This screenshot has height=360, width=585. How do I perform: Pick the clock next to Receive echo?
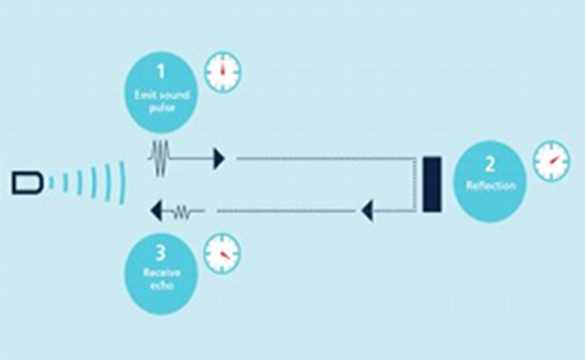(x=223, y=254)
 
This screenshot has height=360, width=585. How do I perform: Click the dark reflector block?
(x=433, y=184)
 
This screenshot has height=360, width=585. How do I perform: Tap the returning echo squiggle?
(x=183, y=211)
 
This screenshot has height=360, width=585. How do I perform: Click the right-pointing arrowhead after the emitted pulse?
(x=219, y=159)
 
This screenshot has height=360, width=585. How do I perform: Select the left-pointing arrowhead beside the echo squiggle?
(x=156, y=211)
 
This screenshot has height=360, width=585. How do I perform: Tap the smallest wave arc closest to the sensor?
(x=53, y=183)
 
